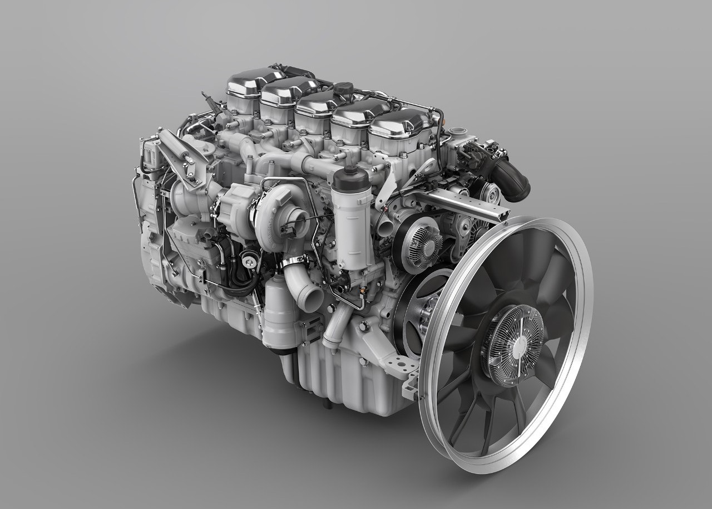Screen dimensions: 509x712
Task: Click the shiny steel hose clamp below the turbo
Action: click(293, 261)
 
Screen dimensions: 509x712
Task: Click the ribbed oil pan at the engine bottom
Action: click(323, 368)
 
